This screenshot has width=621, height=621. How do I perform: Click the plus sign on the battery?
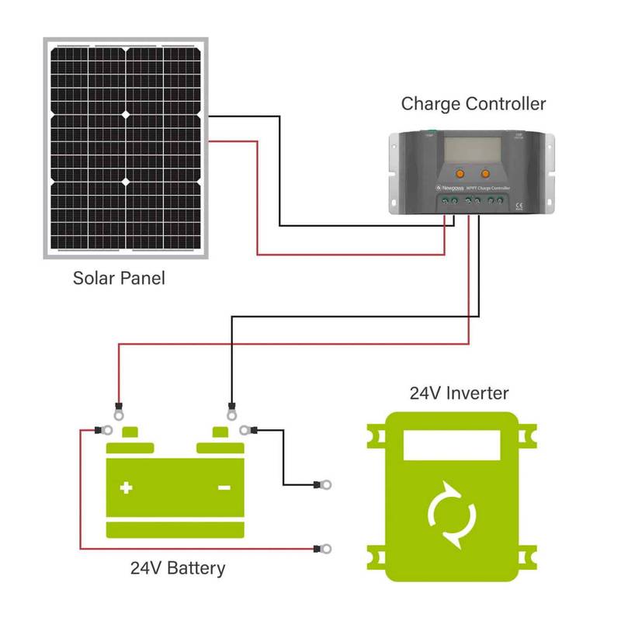point(126,488)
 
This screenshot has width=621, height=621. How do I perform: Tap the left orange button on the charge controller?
point(460,173)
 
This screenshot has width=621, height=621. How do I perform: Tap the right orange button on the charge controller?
point(487,173)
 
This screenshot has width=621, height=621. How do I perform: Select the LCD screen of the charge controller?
point(472,147)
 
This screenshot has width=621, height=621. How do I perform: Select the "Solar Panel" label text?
point(119,277)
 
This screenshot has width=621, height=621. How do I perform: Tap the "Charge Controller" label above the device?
point(474,103)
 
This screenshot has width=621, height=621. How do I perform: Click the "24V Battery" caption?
point(178,568)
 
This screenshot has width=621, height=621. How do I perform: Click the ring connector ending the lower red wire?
point(324,550)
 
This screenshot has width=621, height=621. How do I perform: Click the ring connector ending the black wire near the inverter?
point(324,486)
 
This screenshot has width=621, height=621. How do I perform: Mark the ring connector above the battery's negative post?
point(231,407)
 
